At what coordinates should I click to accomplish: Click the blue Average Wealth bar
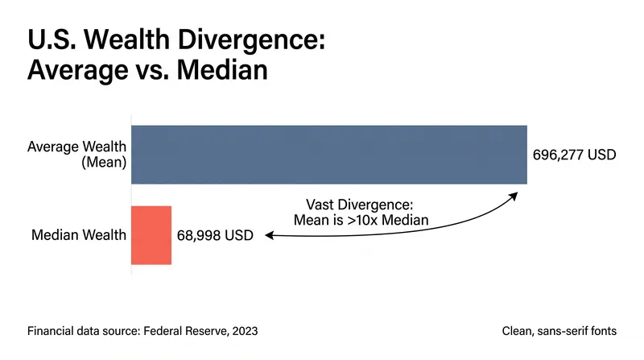(329, 155)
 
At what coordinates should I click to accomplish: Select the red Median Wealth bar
(151, 235)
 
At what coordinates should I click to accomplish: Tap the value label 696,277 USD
(574, 155)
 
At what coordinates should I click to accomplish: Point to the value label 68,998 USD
(215, 235)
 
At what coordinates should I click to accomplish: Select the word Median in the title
(222, 70)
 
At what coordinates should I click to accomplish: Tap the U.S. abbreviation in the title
(52, 39)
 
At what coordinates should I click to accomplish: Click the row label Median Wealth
(79, 235)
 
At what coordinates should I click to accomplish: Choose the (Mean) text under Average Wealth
(104, 163)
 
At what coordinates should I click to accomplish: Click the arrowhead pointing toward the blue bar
(513, 196)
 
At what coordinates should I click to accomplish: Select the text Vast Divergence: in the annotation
(359, 205)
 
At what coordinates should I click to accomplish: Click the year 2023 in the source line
(245, 331)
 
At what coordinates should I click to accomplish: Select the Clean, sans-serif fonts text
(559, 331)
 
